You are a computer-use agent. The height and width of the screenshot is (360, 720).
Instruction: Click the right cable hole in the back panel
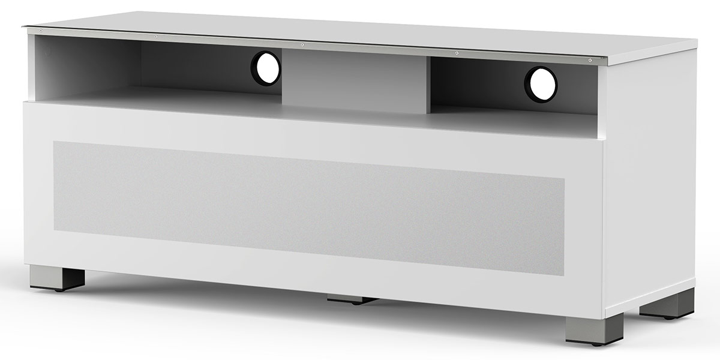(x=541, y=84)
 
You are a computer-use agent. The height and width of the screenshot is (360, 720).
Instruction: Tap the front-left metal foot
(x=57, y=278)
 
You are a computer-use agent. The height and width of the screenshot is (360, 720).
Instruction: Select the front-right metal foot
(x=594, y=330)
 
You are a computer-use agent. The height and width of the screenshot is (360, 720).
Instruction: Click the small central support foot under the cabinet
(x=352, y=299)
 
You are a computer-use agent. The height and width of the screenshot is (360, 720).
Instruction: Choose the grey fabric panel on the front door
(x=309, y=207)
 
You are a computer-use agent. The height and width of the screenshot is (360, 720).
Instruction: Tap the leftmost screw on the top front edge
(x=40, y=30)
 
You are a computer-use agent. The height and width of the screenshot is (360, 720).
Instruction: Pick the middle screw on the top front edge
(x=302, y=44)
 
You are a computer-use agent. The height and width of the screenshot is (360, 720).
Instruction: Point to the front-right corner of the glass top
(x=608, y=62)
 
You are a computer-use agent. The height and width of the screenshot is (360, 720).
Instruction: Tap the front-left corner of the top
(x=25, y=26)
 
